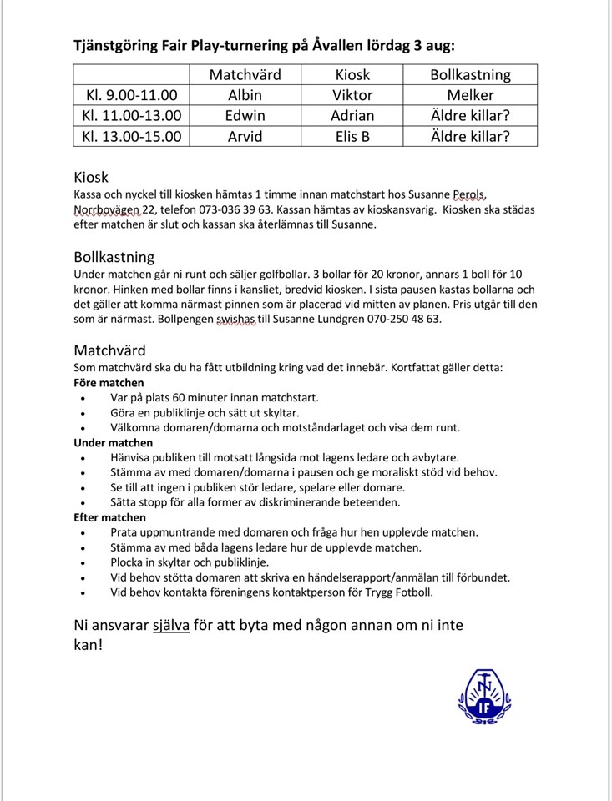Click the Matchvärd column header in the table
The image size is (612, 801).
coord(245,74)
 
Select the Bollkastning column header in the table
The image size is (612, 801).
coord(470,74)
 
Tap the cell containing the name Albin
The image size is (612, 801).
coord(245,95)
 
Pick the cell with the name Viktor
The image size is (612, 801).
coord(352,95)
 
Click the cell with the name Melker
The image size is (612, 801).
coord(470,95)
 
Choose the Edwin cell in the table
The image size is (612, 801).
coord(245,116)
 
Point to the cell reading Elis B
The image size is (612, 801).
coord(352,137)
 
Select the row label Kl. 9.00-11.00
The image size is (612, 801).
coord(131,95)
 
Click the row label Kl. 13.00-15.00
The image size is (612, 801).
coord(131,137)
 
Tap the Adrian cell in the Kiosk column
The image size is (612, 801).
coord(352,116)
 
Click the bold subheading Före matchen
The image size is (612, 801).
coord(109,383)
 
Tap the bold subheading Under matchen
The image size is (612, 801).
coord(114,443)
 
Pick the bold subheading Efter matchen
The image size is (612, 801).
coord(111,517)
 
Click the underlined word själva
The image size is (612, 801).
coord(170,625)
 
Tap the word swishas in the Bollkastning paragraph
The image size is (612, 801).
coord(237,319)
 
